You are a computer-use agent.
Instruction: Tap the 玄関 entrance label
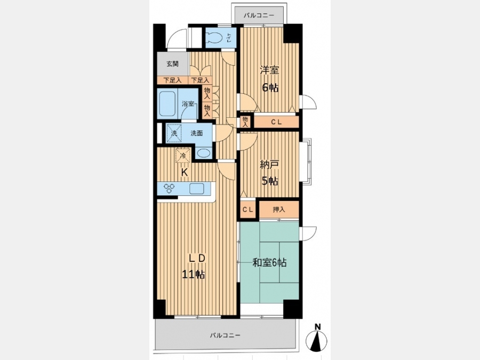tap(173, 64)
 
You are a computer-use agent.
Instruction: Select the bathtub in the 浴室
tap(167, 104)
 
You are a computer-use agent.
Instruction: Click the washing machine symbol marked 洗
tap(174, 133)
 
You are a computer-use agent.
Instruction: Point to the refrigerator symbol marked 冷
tap(183, 155)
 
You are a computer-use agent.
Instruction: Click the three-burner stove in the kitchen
tap(169, 188)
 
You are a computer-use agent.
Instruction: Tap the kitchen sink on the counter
tap(196, 189)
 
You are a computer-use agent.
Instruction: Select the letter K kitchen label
tap(185, 172)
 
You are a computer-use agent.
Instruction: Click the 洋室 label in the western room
tap(269, 70)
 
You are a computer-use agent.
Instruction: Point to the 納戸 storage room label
tap(269, 165)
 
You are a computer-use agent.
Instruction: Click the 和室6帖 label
tap(269, 262)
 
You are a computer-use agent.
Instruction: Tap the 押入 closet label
tap(279, 210)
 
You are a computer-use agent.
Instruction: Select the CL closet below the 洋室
tap(276, 122)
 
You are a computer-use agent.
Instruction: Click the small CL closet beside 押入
tap(248, 210)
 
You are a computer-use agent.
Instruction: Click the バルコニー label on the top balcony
tap(259, 15)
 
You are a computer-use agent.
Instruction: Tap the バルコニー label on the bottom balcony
tap(225, 335)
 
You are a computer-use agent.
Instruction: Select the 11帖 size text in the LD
tap(194, 274)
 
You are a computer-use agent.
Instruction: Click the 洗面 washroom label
tap(196, 133)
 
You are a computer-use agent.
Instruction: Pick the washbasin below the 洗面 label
tap(204, 153)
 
